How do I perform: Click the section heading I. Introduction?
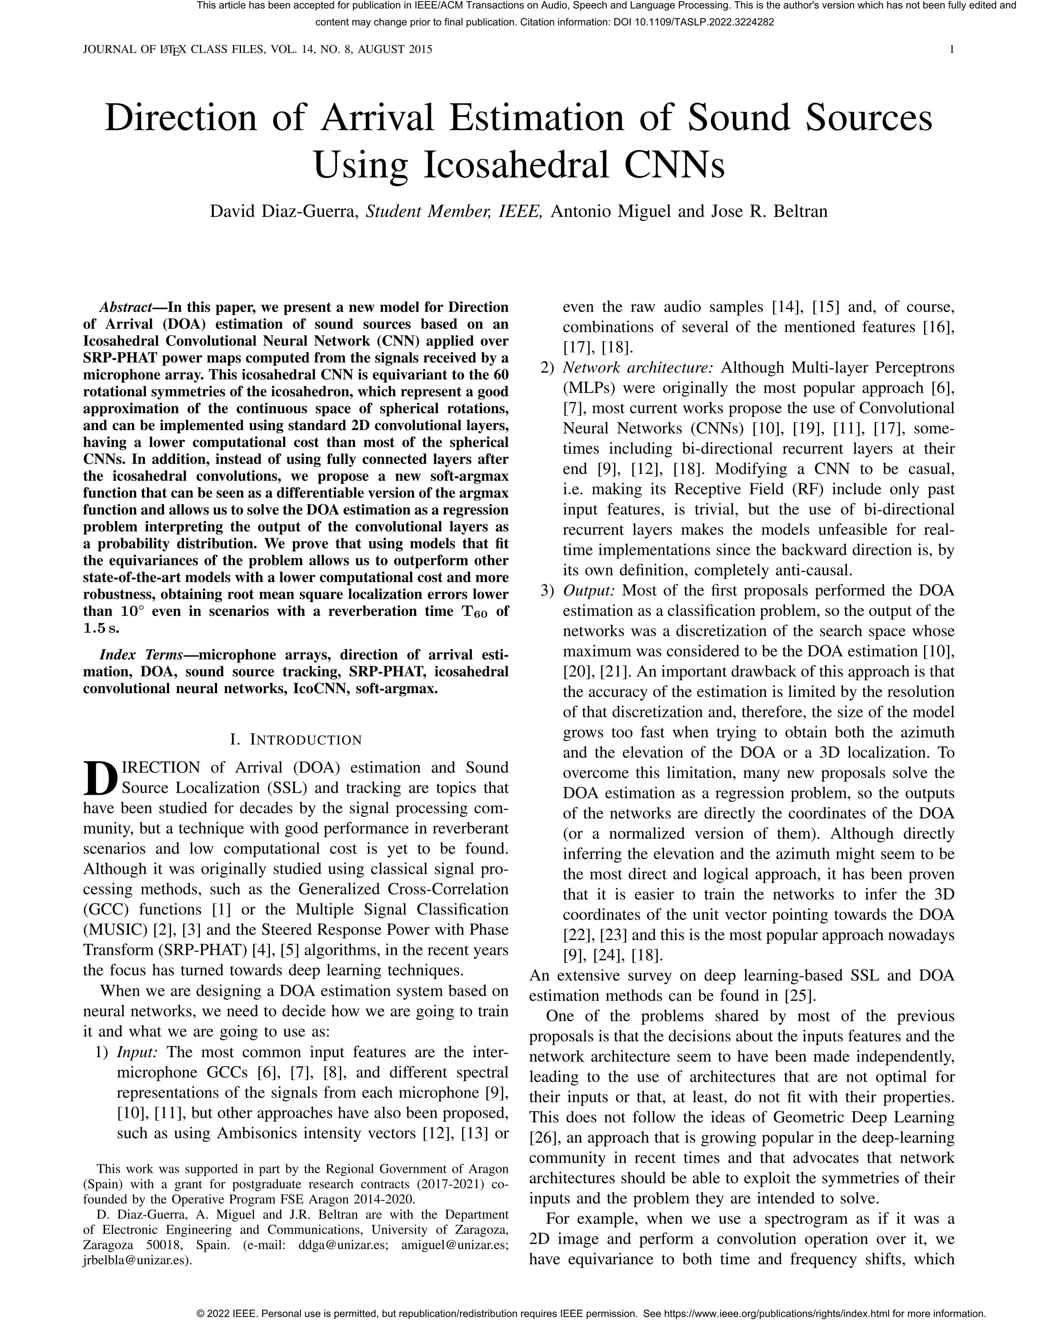pyautogui.click(x=296, y=740)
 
